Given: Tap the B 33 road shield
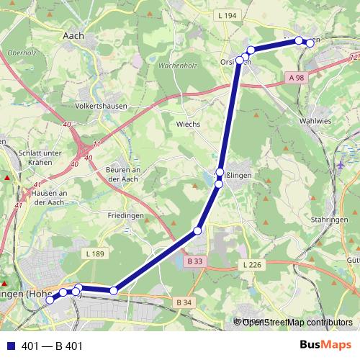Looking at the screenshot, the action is point(194,261).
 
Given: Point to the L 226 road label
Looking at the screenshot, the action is point(251,265).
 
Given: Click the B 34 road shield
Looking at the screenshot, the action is point(184,302).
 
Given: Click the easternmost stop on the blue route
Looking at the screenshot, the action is point(310,43).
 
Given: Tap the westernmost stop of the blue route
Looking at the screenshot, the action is point(50,300).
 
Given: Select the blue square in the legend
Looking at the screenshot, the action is point(10,346).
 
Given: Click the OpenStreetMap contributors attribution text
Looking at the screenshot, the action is point(297,322).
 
